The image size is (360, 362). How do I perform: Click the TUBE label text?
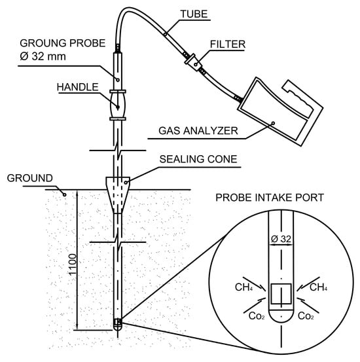194,14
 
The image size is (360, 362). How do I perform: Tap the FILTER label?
227,45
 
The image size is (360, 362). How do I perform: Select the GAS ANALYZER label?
198,131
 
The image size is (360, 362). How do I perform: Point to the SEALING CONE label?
198,159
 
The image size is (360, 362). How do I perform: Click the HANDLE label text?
78,87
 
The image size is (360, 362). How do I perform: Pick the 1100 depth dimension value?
73,264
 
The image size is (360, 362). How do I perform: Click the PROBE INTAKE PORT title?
270,198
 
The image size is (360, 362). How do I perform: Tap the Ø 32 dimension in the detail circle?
281,239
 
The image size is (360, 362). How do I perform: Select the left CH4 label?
243,287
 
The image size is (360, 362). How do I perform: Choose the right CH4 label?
318,287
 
